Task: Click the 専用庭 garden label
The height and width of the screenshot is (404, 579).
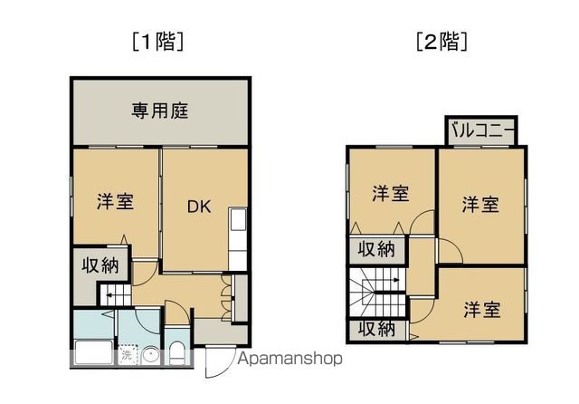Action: pyautogui.click(x=158, y=112)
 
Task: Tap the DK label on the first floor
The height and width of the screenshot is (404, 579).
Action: pyautogui.click(x=199, y=207)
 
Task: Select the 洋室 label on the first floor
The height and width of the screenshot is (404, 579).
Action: pyautogui.click(x=116, y=201)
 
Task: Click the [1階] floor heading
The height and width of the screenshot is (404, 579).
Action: pyautogui.click(x=158, y=42)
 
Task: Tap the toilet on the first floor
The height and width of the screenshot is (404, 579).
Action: pyautogui.click(x=177, y=354)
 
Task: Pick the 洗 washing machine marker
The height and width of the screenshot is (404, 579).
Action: pyautogui.click(x=128, y=355)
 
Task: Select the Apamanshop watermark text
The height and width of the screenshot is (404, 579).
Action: pyautogui.click(x=289, y=359)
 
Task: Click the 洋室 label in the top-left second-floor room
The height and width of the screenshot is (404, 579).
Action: pyautogui.click(x=391, y=194)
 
